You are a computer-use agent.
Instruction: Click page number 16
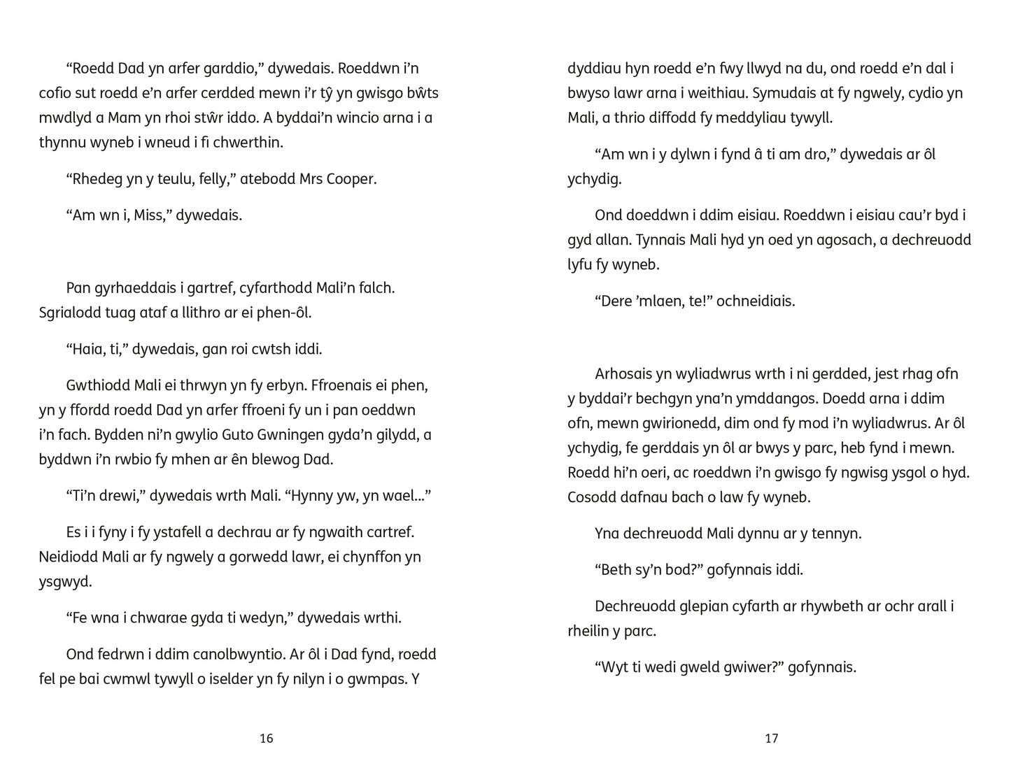click(x=266, y=739)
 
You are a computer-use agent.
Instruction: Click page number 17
click(x=771, y=739)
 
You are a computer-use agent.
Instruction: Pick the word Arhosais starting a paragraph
click(x=623, y=373)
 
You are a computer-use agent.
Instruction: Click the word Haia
click(x=87, y=349)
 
